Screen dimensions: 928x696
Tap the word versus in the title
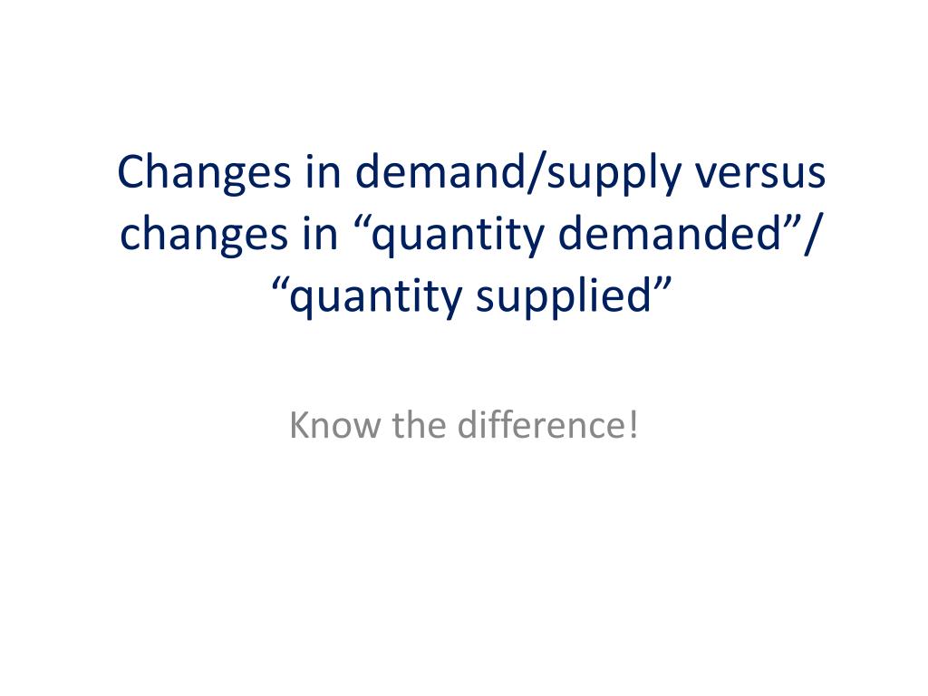(x=760, y=174)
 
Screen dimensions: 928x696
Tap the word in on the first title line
(x=324, y=171)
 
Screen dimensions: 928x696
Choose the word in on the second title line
(x=320, y=233)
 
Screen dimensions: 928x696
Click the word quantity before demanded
(x=457, y=237)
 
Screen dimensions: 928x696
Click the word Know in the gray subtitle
(x=334, y=425)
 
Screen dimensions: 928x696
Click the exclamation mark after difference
(x=633, y=425)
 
